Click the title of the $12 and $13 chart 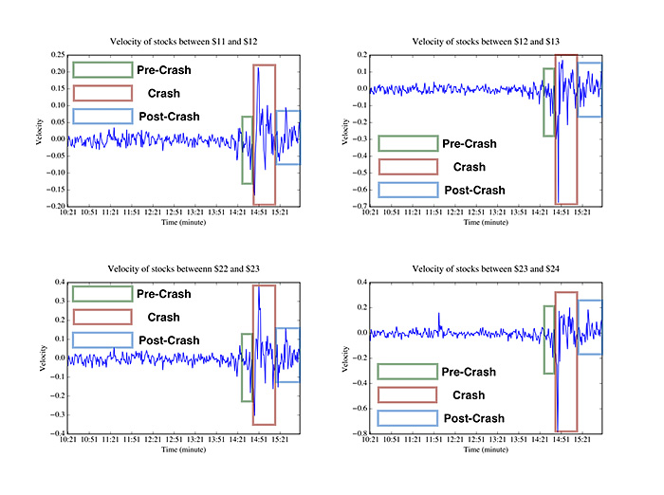485,41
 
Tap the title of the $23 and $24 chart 485,270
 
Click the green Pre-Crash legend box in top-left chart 102,70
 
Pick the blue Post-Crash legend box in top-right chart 409,191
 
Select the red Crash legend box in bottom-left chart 102,318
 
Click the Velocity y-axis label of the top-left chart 39,131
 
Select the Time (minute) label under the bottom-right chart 485,449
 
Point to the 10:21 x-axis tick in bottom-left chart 65,440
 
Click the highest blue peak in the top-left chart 258,67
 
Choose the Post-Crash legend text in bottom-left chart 169,340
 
